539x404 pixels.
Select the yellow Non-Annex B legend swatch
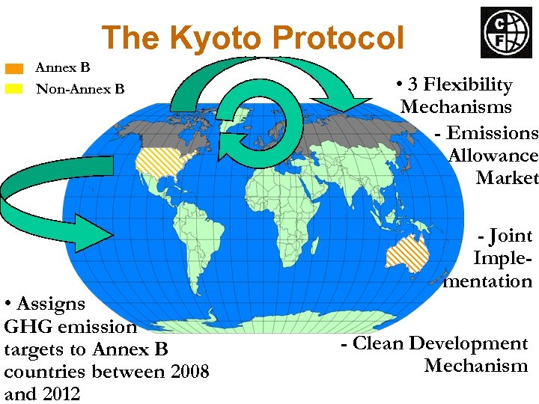[14, 89]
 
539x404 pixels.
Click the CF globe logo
[505, 32]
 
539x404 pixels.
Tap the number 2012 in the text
[52, 394]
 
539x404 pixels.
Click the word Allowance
[493, 156]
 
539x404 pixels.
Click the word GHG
[22, 326]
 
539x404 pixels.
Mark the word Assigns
[51, 304]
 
